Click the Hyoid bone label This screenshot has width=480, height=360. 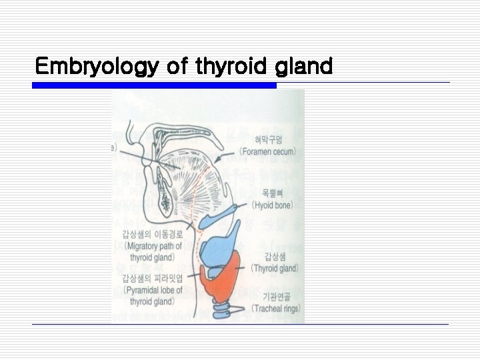pyautogui.click(x=273, y=205)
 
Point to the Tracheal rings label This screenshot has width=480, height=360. pyautogui.click(x=275, y=308)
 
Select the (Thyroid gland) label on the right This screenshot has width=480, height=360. pyautogui.click(x=274, y=268)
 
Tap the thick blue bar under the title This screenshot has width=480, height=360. pyautogui.click(x=154, y=85)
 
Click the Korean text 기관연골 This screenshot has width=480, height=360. pyautogui.click(x=275, y=296)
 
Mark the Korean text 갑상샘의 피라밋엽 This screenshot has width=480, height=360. pyautogui.click(x=153, y=278)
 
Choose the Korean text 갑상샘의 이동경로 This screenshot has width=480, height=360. pyautogui.click(x=153, y=233)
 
